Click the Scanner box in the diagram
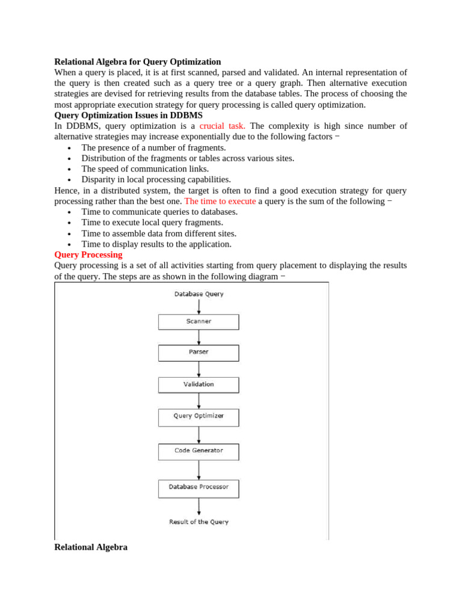click(x=199, y=322)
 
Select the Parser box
click(x=199, y=353)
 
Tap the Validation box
click(x=199, y=384)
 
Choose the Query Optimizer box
click(x=199, y=416)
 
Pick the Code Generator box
click(x=199, y=451)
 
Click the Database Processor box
click(x=199, y=487)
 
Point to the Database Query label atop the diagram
click(x=199, y=294)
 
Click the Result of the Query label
click(x=199, y=522)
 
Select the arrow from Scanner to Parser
click(x=199, y=337)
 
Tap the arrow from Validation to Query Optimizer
click(x=199, y=401)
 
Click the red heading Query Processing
click(x=88, y=255)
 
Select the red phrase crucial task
click(x=222, y=126)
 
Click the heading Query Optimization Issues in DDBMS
click(x=128, y=115)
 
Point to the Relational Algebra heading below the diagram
click(x=91, y=547)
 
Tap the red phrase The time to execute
click(x=220, y=202)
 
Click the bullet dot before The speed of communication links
click(x=70, y=170)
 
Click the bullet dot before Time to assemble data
click(x=70, y=234)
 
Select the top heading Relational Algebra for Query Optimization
click(x=138, y=62)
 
